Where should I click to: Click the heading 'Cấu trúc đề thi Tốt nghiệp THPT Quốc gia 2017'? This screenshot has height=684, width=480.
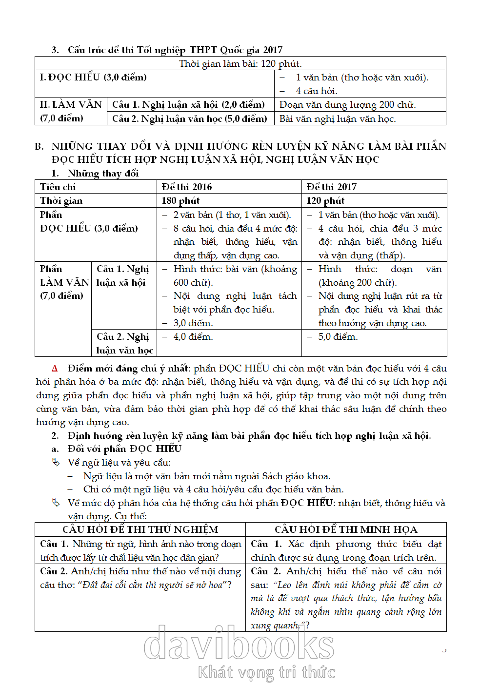point(175,50)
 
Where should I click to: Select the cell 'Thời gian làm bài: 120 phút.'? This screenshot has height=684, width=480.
point(240,63)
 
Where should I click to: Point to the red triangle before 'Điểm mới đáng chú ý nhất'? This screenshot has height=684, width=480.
point(55,369)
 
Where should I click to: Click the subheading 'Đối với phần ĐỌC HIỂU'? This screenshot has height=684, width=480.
point(124,449)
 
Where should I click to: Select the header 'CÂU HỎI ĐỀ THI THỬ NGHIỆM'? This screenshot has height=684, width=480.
point(140,529)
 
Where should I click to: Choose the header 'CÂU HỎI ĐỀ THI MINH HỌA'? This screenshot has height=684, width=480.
point(346,529)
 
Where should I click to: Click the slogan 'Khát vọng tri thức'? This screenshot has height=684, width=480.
point(266,672)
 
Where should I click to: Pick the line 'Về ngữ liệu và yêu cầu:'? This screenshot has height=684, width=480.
point(119,462)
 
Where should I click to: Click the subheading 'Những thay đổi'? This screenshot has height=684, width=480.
point(103,173)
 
